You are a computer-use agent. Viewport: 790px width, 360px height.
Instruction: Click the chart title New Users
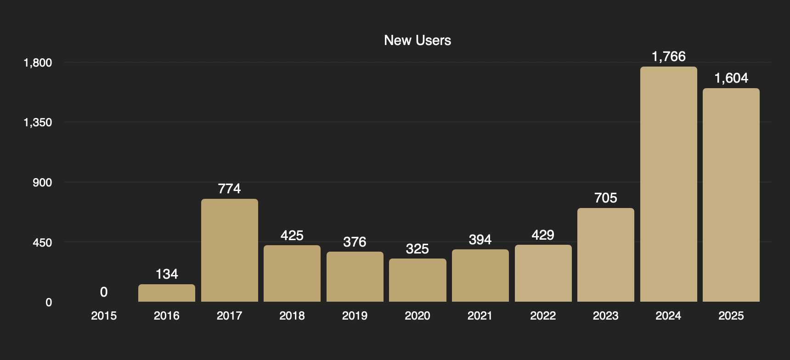418,40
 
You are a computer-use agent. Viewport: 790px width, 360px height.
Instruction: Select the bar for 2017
229,250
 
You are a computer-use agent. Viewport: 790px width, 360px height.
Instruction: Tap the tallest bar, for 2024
668,184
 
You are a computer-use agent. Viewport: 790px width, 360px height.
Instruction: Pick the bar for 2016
167,293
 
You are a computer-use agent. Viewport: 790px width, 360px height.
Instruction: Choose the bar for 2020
418,280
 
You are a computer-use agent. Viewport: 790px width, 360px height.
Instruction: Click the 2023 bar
605,255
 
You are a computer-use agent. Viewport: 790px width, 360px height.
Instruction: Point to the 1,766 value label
668,56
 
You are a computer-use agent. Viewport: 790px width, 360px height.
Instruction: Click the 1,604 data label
731,78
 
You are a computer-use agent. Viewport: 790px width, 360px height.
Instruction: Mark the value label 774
229,189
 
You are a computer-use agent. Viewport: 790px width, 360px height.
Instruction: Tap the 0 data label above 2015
104,292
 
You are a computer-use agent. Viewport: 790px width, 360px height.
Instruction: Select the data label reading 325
418,249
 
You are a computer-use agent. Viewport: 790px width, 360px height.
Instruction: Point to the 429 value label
543,235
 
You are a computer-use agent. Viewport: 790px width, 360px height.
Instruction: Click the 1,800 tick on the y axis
38,62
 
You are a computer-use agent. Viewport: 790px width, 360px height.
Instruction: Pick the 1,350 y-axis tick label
38,122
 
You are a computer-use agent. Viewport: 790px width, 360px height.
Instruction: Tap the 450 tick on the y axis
42,242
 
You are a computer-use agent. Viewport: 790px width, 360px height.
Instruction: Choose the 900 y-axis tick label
42,182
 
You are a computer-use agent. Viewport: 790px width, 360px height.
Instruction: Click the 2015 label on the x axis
104,316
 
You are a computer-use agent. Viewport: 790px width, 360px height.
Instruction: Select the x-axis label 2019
355,316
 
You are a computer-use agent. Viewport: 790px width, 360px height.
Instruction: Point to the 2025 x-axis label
731,316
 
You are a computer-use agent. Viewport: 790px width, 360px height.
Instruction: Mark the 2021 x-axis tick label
480,316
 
